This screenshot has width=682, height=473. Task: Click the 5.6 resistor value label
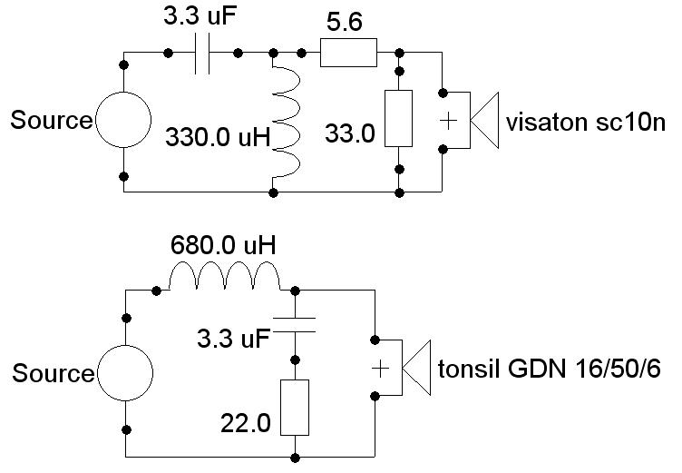click(x=345, y=23)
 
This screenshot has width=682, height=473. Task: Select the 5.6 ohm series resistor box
click(x=348, y=54)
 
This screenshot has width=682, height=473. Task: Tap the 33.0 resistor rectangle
click(x=400, y=118)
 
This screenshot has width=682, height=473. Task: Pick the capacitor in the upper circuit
click(x=203, y=54)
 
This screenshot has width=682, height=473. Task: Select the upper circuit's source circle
click(x=123, y=120)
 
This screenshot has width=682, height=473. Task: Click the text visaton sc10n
click(x=586, y=121)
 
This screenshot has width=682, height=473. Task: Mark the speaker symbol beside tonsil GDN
click(x=400, y=369)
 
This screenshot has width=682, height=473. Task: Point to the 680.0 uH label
click(x=223, y=246)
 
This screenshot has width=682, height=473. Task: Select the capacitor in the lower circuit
click(x=296, y=325)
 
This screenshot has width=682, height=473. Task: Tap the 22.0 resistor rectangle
click(x=296, y=408)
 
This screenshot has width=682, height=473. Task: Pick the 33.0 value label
click(x=349, y=134)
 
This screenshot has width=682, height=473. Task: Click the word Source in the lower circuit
click(x=53, y=373)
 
